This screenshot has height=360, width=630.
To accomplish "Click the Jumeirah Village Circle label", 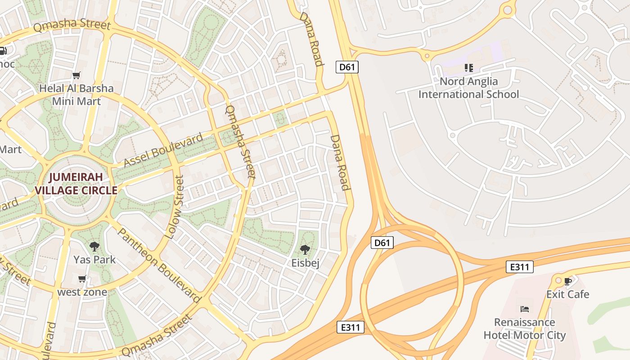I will coord(76,183).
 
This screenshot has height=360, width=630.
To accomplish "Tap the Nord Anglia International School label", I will coord(468,88).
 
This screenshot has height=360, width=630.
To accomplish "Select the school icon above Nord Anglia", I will coord(468,68).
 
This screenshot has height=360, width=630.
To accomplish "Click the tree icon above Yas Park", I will coord(94,246).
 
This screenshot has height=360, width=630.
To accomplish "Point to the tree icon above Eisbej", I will coord(305,249).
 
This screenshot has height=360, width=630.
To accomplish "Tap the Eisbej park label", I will coord(305,263).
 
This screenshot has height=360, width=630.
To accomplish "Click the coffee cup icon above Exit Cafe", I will coord(567,281).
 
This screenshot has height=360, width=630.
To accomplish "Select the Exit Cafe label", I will coord(567,294).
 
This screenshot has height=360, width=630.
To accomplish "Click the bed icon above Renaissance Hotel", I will coord(524,309).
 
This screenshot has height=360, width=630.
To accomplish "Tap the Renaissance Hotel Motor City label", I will coord(524,328).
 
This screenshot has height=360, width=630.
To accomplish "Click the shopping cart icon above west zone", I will coord(82,279).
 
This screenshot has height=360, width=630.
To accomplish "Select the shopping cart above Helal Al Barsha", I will coord(76,75).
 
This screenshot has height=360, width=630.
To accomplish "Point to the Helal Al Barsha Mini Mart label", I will coord(76,94).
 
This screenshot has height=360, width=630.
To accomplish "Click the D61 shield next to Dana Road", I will coord(347,67).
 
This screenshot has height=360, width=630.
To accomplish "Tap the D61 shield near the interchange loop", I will coord(382,243).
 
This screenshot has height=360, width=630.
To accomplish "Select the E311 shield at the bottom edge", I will coord(350,327).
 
